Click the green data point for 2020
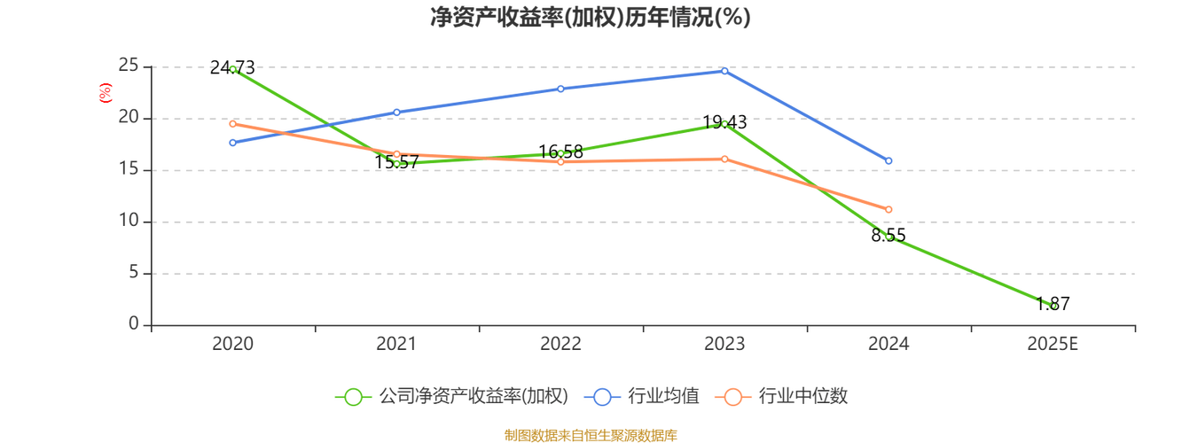(x=233, y=68)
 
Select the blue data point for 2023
(x=724, y=71)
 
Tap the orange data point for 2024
(x=888, y=209)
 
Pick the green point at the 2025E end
(x=1053, y=304)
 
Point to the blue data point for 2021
(x=396, y=112)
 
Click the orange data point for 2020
(x=232, y=124)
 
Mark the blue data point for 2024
(x=888, y=160)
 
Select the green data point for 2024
(x=888, y=236)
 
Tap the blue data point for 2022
(x=560, y=89)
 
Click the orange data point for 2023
(x=724, y=159)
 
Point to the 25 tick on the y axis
(x=129, y=65)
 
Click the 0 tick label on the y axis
(x=133, y=324)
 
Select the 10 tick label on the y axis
(x=129, y=221)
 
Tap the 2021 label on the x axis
(x=396, y=344)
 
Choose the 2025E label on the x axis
(x=1053, y=344)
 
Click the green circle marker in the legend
(x=353, y=397)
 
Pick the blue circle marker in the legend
(x=602, y=397)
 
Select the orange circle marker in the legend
(x=732, y=397)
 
